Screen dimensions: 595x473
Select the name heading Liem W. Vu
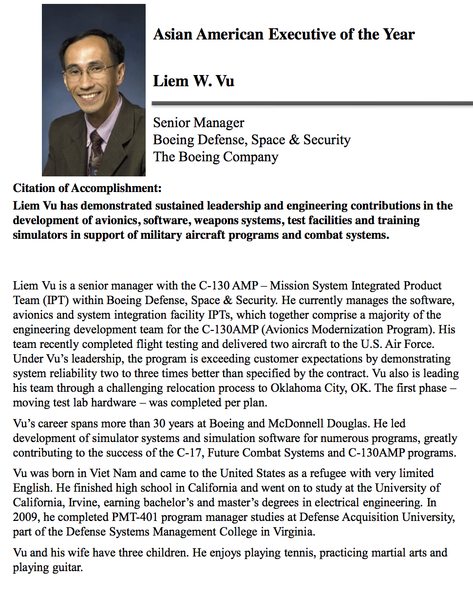(x=193, y=80)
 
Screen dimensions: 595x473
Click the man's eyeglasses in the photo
(x=91, y=72)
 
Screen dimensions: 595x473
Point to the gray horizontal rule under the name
(x=312, y=103)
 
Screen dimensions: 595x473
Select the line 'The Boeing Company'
(x=215, y=157)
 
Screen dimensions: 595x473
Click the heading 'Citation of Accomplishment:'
(x=87, y=188)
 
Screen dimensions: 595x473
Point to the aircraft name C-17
(x=190, y=453)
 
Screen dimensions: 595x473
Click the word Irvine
(x=78, y=502)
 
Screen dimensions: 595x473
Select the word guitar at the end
(x=66, y=568)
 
